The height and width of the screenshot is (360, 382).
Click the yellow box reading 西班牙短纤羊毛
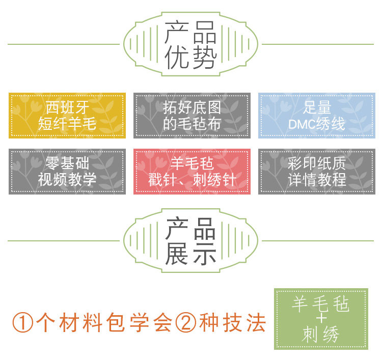point(67,115)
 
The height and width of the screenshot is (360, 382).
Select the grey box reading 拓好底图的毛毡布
point(192,115)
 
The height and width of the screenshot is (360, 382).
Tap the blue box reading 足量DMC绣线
point(316,115)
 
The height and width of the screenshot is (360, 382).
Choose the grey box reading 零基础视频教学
point(67,171)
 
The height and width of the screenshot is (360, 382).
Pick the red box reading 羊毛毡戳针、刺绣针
point(192,171)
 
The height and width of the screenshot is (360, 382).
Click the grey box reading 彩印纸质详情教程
point(316,171)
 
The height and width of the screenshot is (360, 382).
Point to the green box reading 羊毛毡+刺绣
point(321,319)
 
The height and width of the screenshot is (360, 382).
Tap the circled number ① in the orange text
point(22,323)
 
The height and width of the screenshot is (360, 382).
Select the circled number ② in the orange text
point(186,323)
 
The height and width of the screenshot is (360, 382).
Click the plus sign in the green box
point(321,319)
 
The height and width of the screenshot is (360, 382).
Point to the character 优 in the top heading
point(177,59)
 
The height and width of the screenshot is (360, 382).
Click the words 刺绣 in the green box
point(321,334)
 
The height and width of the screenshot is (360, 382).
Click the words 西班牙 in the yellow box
point(67,107)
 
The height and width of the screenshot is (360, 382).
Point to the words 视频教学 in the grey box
point(67,179)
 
